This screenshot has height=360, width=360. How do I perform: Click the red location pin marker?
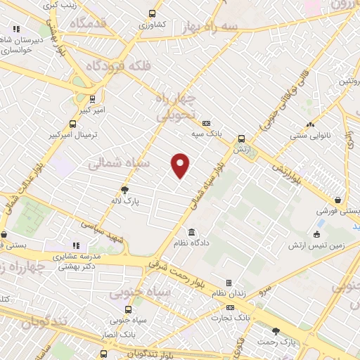[x=181, y=165]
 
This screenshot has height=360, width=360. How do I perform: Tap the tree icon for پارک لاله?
[x=125, y=189]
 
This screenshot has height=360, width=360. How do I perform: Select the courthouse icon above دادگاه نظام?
[x=192, y=233]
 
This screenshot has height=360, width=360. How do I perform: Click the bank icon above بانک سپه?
[x=206, y=121]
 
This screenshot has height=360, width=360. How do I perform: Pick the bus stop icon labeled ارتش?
[x=241, y=139]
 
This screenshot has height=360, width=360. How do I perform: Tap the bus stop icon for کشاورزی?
[x=153, y=13]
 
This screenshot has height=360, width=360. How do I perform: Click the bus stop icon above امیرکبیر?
[x=92, y=99]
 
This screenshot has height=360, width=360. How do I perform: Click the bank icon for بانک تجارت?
[x=230, y=307]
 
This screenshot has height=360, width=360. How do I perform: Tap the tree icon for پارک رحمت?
[x=276, y=330]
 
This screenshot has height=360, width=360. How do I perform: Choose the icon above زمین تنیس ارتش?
[x=317, y=233]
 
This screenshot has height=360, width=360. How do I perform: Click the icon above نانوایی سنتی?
[x=320, y=114]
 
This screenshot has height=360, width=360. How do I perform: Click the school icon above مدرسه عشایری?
[x=76, y=245]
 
